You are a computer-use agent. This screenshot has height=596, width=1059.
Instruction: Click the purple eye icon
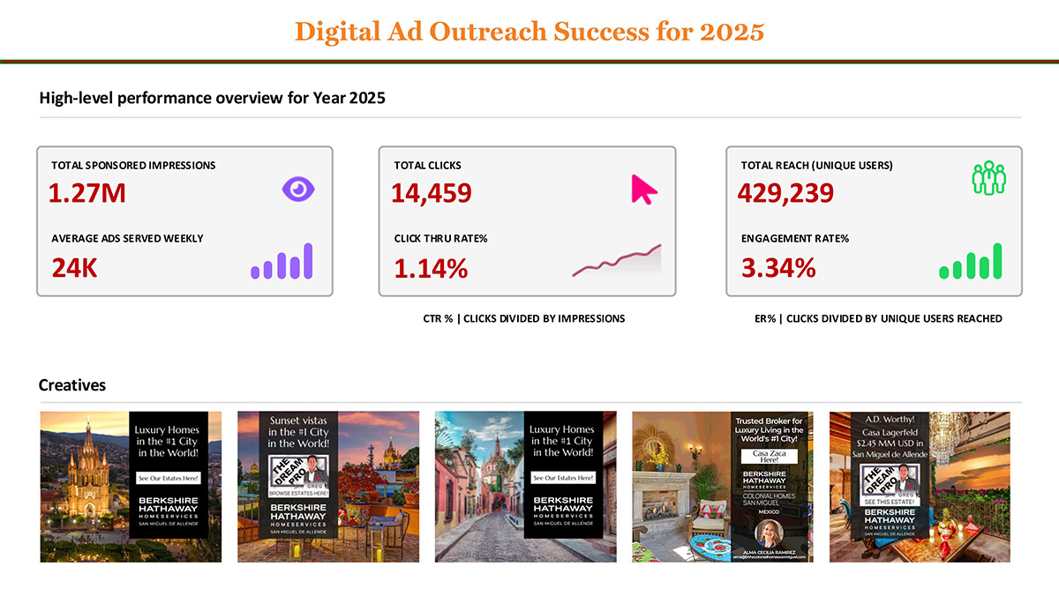click(x=298, y=189)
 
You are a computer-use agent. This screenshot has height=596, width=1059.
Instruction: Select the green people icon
click(x=988, y=178)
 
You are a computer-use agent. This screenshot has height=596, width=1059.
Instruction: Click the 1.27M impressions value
click(x=87, y=192)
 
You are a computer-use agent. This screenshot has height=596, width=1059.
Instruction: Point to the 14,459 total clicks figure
click(x=432, y=192)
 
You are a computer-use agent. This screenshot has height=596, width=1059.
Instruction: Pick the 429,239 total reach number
click(x=785, y=192)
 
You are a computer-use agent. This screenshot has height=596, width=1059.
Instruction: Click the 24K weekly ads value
click(x=74, y=267)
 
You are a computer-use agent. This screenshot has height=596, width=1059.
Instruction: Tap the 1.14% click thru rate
click(x=431, y=268)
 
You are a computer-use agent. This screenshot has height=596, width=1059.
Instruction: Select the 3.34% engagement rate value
click(x=778, y=268)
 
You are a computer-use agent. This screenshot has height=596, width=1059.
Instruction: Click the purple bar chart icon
click(x=282, y=262)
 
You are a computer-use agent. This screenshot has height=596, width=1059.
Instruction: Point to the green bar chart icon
click(x=971, y=262)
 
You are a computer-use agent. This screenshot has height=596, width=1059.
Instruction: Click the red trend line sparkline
click(x=617, y=261)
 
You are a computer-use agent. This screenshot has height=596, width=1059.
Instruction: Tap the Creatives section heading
click(x=72, y=385)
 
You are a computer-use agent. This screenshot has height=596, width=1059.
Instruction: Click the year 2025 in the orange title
click(x=732, y=32)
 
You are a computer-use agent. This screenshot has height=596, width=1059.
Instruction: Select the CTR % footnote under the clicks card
click(x=524, y=318)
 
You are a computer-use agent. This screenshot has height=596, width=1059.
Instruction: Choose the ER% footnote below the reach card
click(x=878, y=318)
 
